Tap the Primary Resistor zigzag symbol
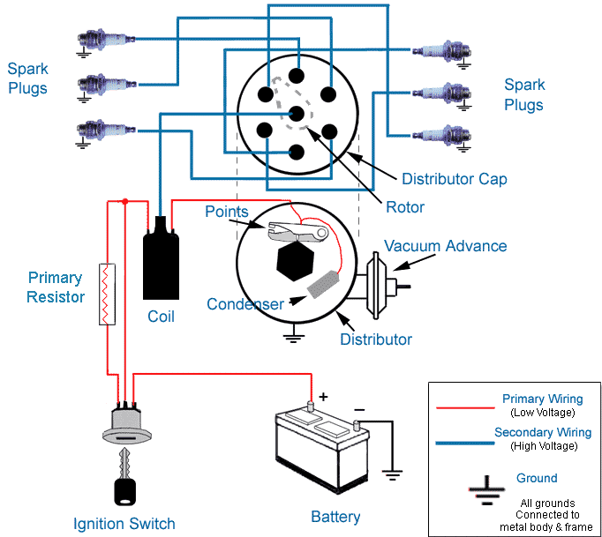pos(107,295)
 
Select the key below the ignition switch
pos(125,477)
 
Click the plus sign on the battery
pos(323,397)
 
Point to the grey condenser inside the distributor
pos(323,284)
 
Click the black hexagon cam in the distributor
pos(295,261)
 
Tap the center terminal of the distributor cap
pos(297,114)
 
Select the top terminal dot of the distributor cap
pos(297,76)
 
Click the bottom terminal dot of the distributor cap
pos(296,153)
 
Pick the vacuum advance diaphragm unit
pos(380,286)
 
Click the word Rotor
pos(405,207)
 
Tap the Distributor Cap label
pos(455,179)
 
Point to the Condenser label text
pos(245,304)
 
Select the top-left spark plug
pos(106,40)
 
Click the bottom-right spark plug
pos(441,136)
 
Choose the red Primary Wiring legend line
pos(465,407)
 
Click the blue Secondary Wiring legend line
pos(465,444)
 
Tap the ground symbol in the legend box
pos(487,490)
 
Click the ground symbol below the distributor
pos(294,333)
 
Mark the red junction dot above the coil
pos(124,201)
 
